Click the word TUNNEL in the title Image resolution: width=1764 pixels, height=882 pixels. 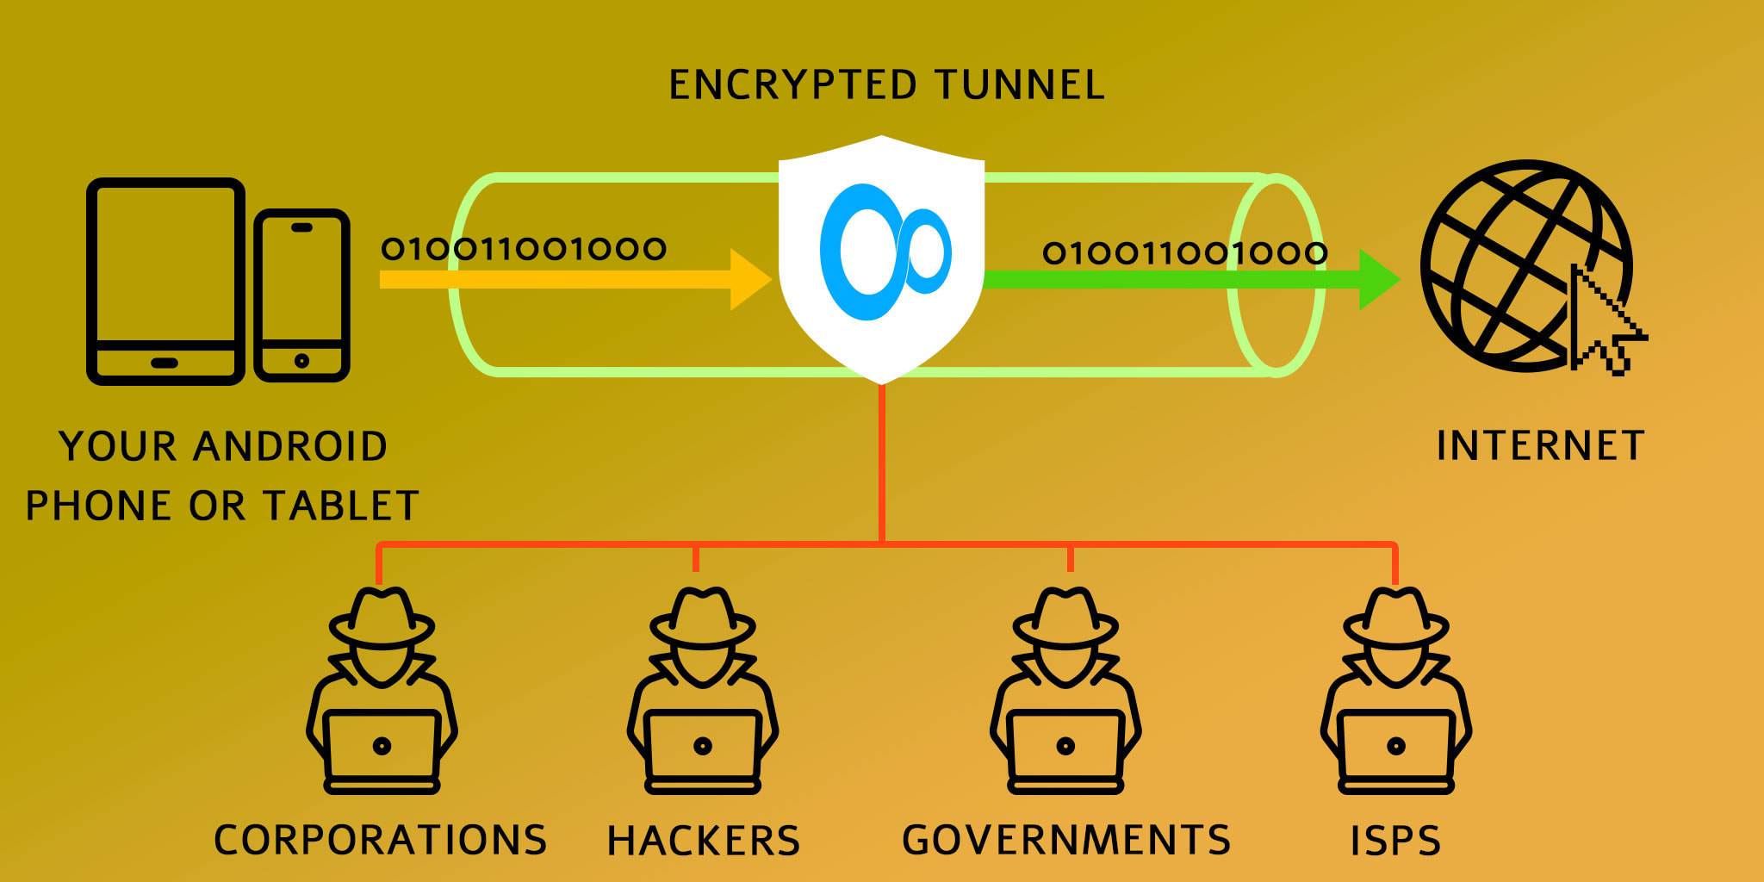[x=1020, y=85]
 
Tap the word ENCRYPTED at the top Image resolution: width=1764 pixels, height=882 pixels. [x=792, y=85]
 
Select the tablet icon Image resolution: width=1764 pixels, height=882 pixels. [x=165, y=281]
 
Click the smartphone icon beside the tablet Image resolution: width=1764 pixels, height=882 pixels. [x=301, y=295]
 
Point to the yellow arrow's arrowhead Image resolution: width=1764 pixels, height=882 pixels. [x=749, y=279]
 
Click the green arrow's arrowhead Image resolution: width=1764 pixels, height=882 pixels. [x=1378, y=279]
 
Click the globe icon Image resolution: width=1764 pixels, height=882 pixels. [x=1516, y=263]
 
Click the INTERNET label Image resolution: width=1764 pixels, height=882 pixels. [x=1541, y=446]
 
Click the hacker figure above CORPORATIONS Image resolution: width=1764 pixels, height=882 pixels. [x=382, y=689]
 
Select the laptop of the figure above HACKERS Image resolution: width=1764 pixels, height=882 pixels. [x=703, y=746]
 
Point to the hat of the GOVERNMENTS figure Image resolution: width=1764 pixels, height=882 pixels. [x=1065, y=617]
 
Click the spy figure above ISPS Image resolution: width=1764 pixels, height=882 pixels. [x=1396, y=689]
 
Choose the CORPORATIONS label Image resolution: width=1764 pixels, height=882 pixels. [x=380, y=840]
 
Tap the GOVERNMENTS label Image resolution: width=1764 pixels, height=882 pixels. [x=1066, y=840]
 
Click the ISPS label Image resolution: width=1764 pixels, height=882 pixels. [x=1395, y=841]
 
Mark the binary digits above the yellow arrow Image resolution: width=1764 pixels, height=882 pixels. [x=524, y=249]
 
